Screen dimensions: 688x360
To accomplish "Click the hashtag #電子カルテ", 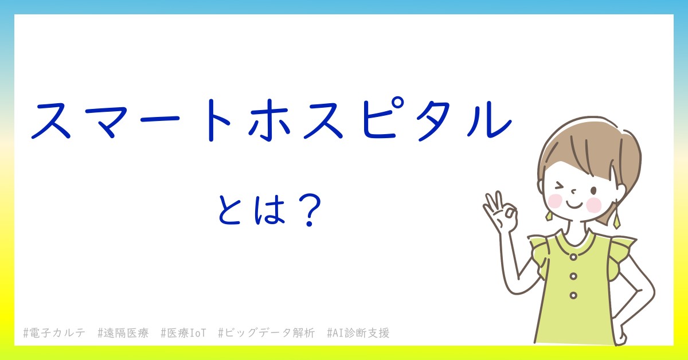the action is click(x=54, y=333).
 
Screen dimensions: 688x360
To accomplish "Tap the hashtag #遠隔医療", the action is click(x=123, y=333).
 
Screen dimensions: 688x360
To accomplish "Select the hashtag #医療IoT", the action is click(x=183, y=333).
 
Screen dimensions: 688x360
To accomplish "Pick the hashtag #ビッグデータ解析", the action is click(x=266, y=333).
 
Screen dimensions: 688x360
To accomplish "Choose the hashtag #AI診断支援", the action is click(x=358, y=333).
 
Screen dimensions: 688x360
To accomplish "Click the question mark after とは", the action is click(x=310, y=211).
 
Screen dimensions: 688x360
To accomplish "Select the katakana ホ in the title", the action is click(x=269, y=120).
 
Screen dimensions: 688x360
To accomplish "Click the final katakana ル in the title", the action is click(x=489, y=120).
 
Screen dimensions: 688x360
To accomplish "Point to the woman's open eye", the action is click(x=594, y=190).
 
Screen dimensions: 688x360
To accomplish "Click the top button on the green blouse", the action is click(x=573, y=257).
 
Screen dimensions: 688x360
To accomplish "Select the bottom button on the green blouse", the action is click(x=573, y=295).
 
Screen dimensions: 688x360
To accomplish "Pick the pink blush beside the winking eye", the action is click(x=555, y=201).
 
